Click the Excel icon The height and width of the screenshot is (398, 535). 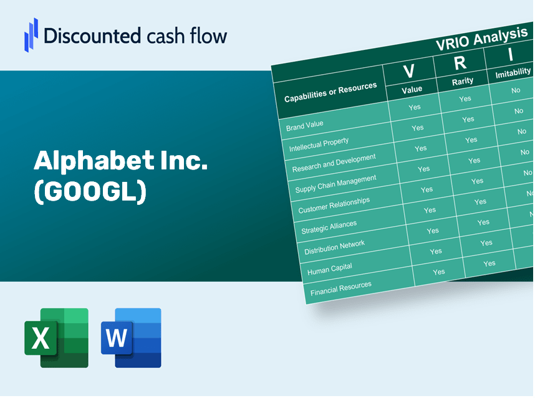(56, 338)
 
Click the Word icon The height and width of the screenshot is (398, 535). (131, 338)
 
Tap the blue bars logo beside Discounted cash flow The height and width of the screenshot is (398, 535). (31, 35)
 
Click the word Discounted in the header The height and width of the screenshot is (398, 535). (92, 36)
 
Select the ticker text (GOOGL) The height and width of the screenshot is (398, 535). (90, 191)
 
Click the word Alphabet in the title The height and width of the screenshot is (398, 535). (94, 161)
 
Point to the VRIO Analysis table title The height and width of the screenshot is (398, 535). (481, 39)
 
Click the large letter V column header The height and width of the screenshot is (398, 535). (409, 71)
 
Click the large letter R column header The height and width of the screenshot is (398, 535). (460, 63)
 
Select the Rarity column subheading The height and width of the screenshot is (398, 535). (463, 82)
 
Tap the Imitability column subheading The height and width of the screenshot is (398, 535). (513, 73)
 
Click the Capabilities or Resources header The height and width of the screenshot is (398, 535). (330, 92)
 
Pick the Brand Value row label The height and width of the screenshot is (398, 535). (304, 126)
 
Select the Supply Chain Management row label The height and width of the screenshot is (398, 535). (335, 184)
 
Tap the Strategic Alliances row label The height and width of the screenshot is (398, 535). (329, 227)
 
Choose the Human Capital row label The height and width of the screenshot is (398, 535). (330, 269)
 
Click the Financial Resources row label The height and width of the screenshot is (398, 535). (341, 288)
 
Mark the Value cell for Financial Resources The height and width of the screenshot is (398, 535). (439, 272)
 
